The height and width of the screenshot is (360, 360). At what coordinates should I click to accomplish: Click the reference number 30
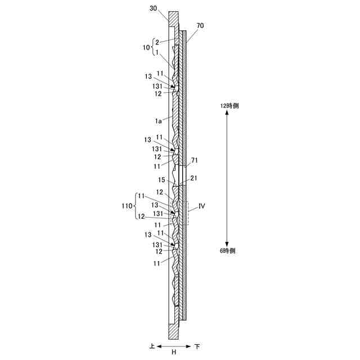click(x=153, y=8)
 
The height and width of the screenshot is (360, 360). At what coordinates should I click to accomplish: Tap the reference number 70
click(x=200, y=25)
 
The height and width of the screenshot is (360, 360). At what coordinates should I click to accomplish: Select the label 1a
click(x=158, y=121)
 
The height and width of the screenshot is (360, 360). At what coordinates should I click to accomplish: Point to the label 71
click(x=194, y=160)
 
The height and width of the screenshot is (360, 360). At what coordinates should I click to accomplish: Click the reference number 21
click(x=193, y=178)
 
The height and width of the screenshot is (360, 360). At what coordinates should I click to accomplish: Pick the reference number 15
click(x=161, y=180)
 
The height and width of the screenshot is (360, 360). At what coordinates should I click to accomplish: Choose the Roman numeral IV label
click(x=201, y=206)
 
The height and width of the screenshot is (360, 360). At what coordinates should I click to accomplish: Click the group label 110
click(x=127, y=206)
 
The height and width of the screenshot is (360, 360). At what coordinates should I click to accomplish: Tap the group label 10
click(x=146, y=47)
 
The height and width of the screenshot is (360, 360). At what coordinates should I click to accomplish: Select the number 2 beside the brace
click(x=157, y=42)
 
